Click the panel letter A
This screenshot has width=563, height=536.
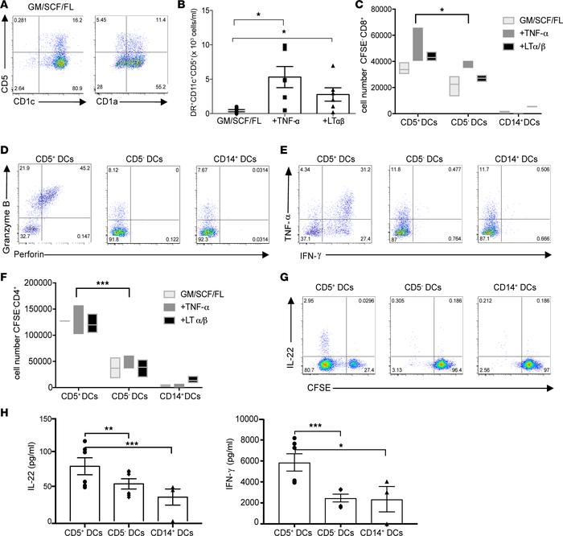(x=6, y=7)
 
